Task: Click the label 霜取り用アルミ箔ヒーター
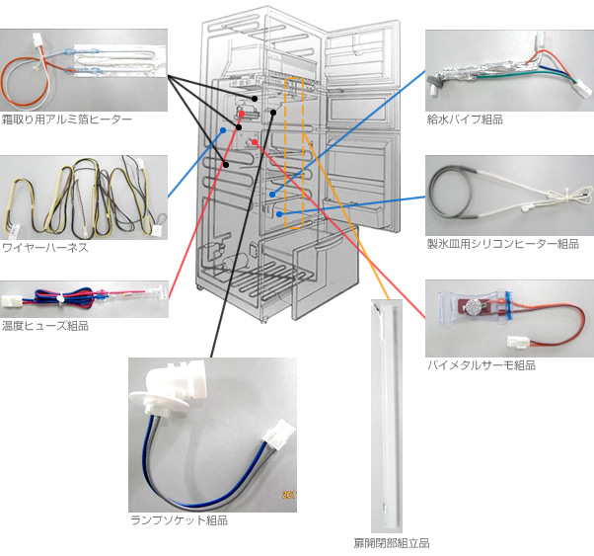click(x=67, y=119)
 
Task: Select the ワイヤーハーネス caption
click(x=45, y=248)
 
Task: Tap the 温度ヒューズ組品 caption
click(x=45, y=326)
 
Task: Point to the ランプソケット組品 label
click(x=179, y=520)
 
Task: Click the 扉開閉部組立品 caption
click(x=392, y=543)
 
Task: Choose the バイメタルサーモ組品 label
click(x=482, y=365)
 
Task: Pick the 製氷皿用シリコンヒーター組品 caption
click(x=502, y=244)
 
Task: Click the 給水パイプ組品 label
click(x=465, y=119)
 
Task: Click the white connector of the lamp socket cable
click(x=279, y=435)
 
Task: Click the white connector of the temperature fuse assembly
click(x=10, y=301)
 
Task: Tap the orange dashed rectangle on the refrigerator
click(x=294, y=153)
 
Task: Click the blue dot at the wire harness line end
click(x=223, y=130)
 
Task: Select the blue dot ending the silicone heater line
click(x=279, y=214)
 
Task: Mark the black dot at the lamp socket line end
click(x=273, y=113)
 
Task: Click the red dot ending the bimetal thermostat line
click(x=255, y=142)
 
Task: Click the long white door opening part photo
click(x=387, y=416)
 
